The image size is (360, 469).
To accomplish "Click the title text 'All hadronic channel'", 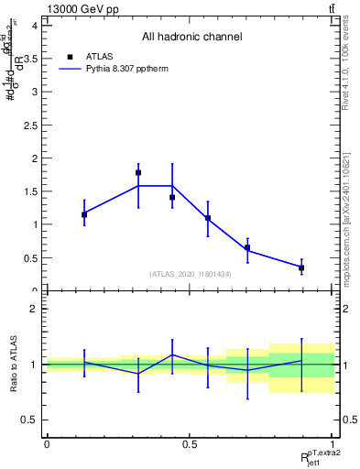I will [191, 38].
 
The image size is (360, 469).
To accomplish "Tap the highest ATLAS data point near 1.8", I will [138, 172].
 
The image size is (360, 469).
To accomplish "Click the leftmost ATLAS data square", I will [84, 214].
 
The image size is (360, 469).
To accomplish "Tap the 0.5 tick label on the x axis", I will [190, 443].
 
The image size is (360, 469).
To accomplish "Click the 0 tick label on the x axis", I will [47, 443].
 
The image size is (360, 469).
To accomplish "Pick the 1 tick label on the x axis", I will [333, 443].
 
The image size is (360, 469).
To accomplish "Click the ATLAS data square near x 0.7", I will [247, 247].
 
